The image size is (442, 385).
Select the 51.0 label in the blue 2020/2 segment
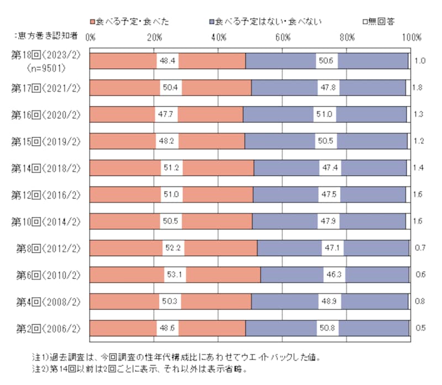pos(324,114)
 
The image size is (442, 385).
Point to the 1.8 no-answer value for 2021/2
pos(418,87)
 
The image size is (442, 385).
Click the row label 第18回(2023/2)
pos(46,57)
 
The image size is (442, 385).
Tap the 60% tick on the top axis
pos(283,37)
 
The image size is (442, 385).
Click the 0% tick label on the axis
pos(91,37)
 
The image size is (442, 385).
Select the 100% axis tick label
pos(412,37)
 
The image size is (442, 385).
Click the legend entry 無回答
pos(378,22)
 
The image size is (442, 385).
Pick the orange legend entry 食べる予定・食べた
pos(133,22)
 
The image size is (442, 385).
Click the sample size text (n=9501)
pos(46,69)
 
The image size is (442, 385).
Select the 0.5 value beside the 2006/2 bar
pos(419,328)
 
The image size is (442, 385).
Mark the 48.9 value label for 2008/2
pos(330,301)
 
